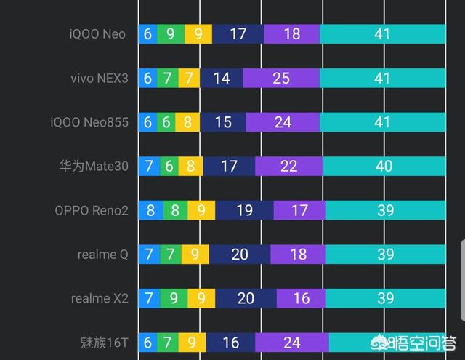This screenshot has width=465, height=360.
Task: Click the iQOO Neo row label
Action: [x=97, y=34]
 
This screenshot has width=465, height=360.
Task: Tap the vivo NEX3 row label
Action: [x=100, y=79]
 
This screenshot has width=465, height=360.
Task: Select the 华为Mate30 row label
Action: [x=94, y=166]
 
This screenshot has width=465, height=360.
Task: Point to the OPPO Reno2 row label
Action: [x=92, y=210]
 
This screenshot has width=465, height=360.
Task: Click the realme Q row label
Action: [x=103, y=255]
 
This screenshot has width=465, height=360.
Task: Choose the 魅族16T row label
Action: [x=105, y=343]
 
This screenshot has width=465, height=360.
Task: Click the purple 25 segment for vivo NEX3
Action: [x=281, y=78]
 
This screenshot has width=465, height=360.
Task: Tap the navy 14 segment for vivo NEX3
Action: [x=221, y=78]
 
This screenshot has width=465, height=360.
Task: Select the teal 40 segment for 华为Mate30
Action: [x=384, y=166]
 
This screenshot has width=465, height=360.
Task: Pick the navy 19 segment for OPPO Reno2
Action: [x=244, y=210]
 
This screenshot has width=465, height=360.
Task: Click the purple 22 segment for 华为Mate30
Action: [x=288, y=166]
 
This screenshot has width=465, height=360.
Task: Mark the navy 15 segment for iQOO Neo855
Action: [x=223, y=122]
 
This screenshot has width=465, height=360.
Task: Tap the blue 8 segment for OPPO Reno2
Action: [x=151, y=210]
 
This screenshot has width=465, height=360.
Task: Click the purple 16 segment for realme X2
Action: [x=301, y=298]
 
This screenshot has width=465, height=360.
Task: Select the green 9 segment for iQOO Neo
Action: [x=171, y=34]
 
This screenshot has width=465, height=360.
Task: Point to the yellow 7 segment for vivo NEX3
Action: [x=189, y=78]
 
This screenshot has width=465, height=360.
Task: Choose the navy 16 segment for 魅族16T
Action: [x=230, y=343]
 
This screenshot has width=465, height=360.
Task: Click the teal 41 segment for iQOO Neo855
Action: [x=383, y=122]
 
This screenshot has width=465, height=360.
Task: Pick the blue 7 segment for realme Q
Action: [x=149, y=254]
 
